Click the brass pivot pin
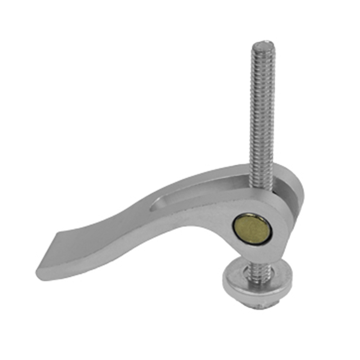pos(252,229)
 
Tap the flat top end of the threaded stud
pos(263,45)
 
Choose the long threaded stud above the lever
pos(261,112)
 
